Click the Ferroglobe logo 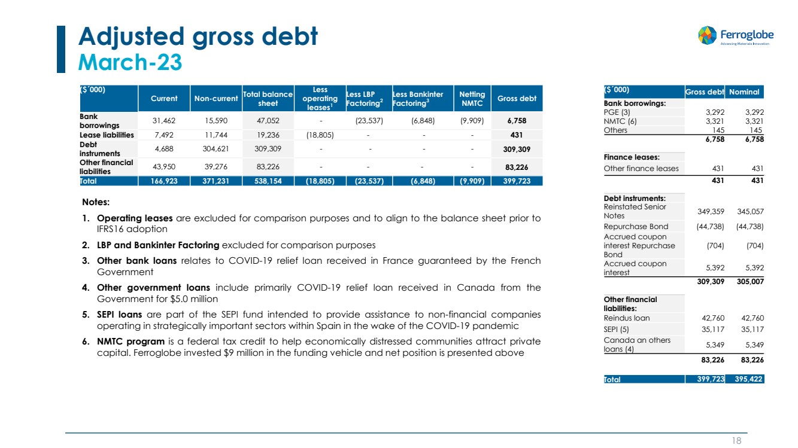[x=733, y=35]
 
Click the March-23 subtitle [x=131, y=62]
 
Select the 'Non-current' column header [x=213, y=99]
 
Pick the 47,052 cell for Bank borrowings [x=268, y=120]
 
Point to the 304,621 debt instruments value [x=213, y=148]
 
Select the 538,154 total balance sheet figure [x=268, y=180]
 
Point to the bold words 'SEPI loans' [x=120, y=314]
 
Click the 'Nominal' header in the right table [x=745, y=92]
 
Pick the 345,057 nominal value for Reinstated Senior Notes [x=749, y=211]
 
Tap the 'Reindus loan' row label [x=627, y=318]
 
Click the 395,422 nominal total [x=748, y=379]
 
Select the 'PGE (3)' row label [x=617, y=112]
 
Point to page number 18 [x=736, y=440]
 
